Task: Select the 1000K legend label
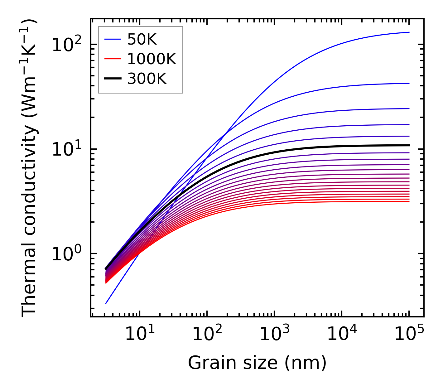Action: coord(152,59)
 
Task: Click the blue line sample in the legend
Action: coord(112,39)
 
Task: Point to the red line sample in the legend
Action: coord(112,59)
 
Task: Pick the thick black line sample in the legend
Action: coord(112,79)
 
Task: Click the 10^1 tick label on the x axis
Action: coord(139,335)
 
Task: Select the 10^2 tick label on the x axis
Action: coord(207,335)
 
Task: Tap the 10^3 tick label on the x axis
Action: coord(274,335)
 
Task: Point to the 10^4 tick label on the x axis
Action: coord(341,335)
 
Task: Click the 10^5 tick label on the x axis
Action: coord(409,335)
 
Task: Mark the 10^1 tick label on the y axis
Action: coord(66,149)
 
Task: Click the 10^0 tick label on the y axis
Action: coord(66,254)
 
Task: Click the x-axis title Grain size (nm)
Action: coord(257,363)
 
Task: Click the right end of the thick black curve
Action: coord(409,145)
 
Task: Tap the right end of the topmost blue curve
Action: coord(409,32)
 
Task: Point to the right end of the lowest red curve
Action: coord(409,201)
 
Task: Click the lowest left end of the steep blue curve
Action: coord(106,303)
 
